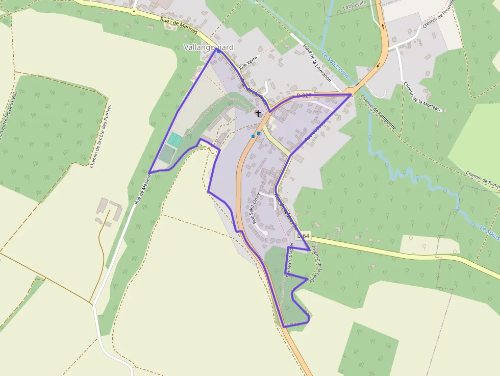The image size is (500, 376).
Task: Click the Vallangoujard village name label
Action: click(208, 47)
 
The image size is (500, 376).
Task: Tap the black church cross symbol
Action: click(258, 114)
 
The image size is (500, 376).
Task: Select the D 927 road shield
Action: click(304, 95)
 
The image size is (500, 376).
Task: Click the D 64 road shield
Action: click(303, 236)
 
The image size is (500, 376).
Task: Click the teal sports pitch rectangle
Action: click(175, 140)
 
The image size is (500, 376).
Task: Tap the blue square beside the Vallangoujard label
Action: click(218, 51)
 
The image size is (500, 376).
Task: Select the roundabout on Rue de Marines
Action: click(134, 11)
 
